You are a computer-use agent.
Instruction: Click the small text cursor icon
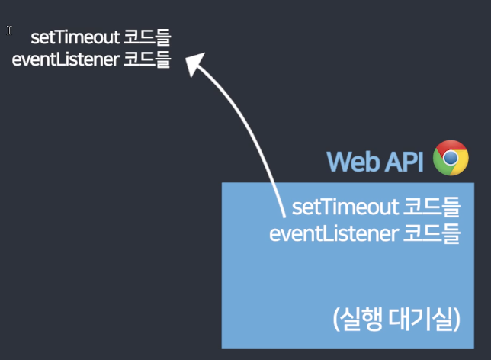tap(9, 31)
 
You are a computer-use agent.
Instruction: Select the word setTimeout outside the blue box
tap(75, 38)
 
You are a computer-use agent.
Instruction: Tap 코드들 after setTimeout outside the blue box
tap(147, 38)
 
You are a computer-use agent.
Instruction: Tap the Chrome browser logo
tap(451, 158)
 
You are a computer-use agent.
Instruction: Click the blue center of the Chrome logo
tap(451, 158)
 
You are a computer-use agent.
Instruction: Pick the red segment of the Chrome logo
tap(451, 146)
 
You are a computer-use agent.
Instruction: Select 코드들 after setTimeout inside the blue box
tap(432, 207)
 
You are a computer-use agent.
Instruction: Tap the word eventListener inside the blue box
tap(331, 233)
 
